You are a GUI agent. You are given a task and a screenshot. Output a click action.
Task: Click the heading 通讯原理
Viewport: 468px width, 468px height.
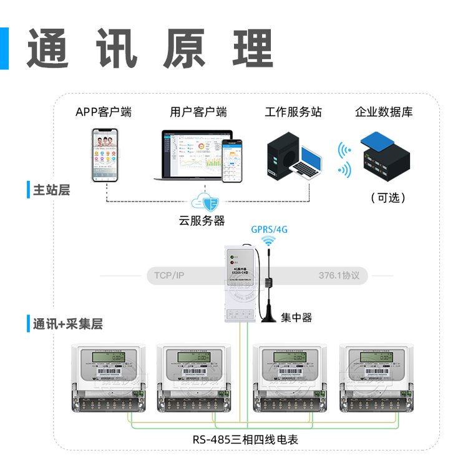click(150, 48)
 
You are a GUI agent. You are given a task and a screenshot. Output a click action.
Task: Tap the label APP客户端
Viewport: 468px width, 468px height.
click(104, 112)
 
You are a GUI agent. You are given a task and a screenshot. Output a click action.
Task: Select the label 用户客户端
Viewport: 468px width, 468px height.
click(198, 112)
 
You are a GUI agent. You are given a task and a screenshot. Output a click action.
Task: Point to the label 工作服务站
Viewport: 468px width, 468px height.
click(293, 112)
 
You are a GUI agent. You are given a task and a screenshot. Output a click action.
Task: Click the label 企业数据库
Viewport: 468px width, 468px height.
click(384, 112)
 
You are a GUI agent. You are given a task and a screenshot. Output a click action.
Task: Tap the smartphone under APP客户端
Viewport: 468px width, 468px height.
click(105, 155)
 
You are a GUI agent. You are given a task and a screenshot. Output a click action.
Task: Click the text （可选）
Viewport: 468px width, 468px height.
click(388, 198)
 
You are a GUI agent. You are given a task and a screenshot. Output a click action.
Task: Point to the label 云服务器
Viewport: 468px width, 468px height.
click(202, 221)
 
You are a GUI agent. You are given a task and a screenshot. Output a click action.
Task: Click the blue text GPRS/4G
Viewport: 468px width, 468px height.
click(269, 229)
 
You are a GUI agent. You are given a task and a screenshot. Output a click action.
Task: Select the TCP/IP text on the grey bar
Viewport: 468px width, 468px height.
click(169, 275)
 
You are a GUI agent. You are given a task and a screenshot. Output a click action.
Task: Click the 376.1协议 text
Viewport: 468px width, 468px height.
click(339, 275)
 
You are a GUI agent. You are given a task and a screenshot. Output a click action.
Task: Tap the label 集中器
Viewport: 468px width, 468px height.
click(296, 318)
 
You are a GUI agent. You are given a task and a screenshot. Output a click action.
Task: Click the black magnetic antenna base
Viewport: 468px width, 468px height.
click(269, 315)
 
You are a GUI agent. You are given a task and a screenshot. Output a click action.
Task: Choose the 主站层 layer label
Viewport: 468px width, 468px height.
click(51, 190)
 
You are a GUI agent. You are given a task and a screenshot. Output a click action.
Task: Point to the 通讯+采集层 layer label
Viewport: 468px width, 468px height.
click(67, 324)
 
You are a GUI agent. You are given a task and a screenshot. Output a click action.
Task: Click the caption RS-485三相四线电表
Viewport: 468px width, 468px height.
click(246, 439)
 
